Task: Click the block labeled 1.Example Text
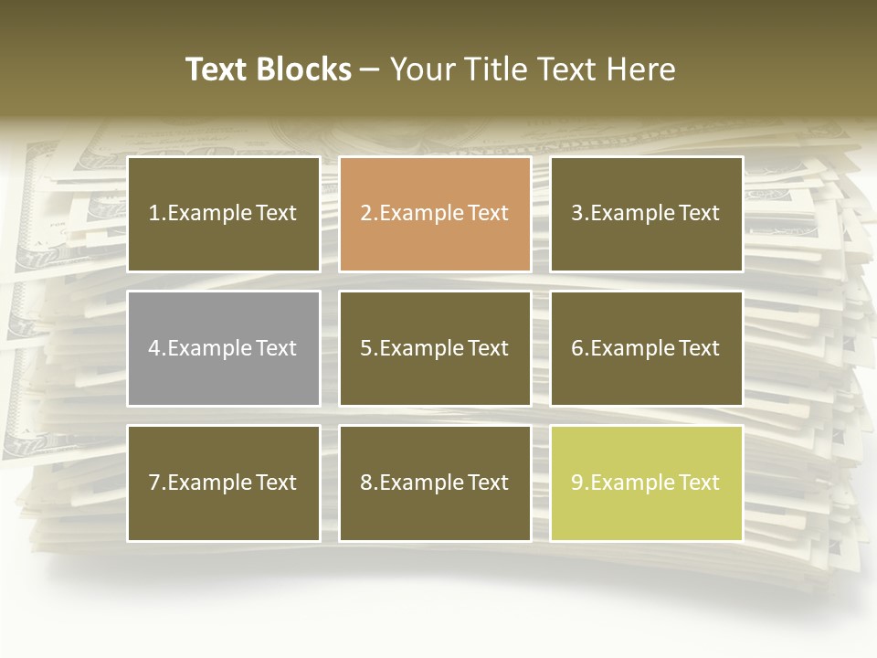pos(223,214)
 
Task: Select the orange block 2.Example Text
pos(435,214)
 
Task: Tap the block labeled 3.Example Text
pos(646,214)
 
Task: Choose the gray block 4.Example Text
pos(223,348)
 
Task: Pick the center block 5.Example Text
pos(435,348)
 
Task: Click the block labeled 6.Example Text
pos(646,348)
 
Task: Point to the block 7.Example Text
pos(223,483)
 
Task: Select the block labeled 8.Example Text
pos(435,483)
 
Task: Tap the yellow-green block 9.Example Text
pos(646,483)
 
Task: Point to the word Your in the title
pos(423,69)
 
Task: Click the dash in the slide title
pos(370,70)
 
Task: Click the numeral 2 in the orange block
pos(365,214)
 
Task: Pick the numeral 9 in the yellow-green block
pos(576,483)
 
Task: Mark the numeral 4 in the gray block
pos(154,348)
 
